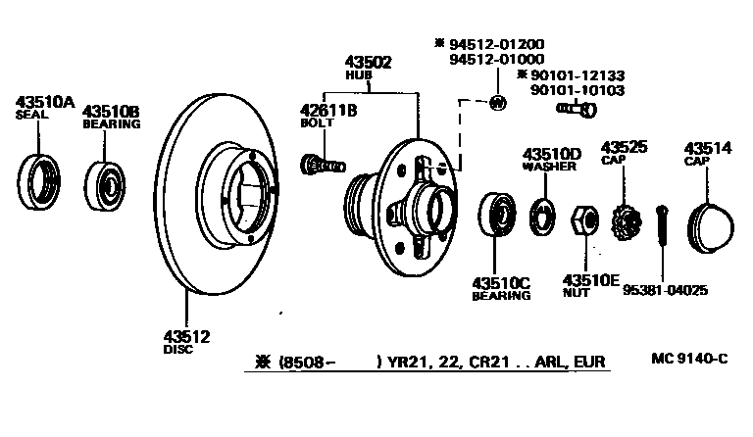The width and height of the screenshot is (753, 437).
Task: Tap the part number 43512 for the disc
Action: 186,336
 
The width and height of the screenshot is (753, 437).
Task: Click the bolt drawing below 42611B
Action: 323,160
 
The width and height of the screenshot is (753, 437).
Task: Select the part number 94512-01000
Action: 497,59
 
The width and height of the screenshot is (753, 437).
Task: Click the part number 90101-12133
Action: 577,75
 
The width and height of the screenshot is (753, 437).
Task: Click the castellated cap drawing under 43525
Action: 621,225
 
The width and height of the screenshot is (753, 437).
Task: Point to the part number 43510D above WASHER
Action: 552,154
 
